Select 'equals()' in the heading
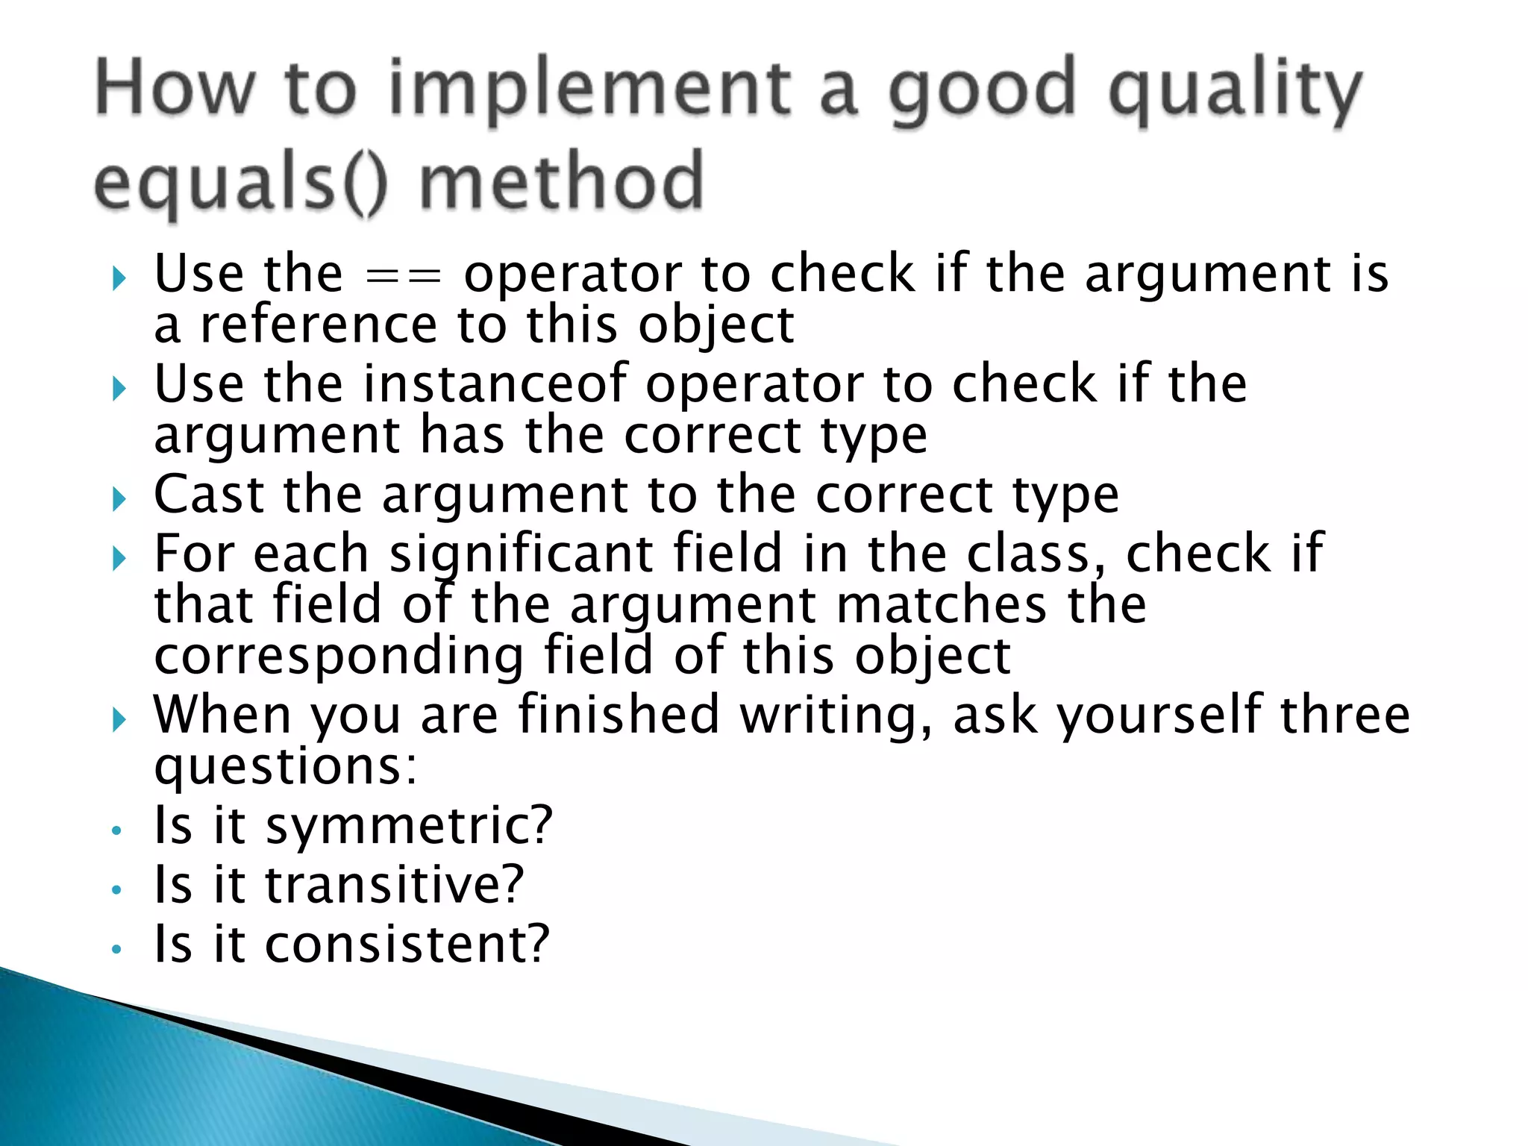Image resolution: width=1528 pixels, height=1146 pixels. pos(240,183)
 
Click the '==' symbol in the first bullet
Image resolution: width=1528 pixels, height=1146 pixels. pos(404,275)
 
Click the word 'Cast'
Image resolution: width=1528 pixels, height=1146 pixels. pos(209,494)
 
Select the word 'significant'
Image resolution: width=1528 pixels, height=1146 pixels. pos(522,554)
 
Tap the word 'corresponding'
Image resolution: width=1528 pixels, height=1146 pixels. pos(339,656)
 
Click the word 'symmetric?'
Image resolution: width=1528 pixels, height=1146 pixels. pos(409,826)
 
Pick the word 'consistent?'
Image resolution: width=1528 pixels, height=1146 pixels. pos(407,944)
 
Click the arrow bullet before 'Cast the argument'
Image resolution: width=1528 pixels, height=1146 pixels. pos(119,498)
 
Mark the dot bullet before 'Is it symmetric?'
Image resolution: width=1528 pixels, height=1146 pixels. pos(116,830)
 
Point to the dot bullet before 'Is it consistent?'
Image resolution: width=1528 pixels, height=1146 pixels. pos(116,949)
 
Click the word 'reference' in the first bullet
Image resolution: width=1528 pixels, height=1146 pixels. pos(319,325)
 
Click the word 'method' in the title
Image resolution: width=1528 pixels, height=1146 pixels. pos(561,183)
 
